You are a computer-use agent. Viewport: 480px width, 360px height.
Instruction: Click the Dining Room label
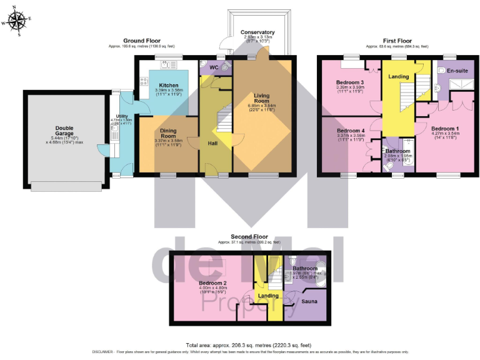168,132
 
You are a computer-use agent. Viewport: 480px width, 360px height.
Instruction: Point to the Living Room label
261,98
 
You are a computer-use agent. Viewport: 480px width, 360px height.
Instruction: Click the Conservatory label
257,32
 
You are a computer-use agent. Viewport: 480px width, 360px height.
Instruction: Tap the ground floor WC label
213,67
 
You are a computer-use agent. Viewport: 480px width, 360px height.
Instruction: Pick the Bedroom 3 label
350,82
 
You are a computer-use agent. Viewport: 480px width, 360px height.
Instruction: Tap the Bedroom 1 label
445,129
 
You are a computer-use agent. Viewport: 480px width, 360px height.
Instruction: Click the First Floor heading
397,41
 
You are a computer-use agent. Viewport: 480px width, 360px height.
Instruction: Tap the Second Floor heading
248,237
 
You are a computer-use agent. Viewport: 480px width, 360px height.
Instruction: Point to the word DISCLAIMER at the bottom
104,352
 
